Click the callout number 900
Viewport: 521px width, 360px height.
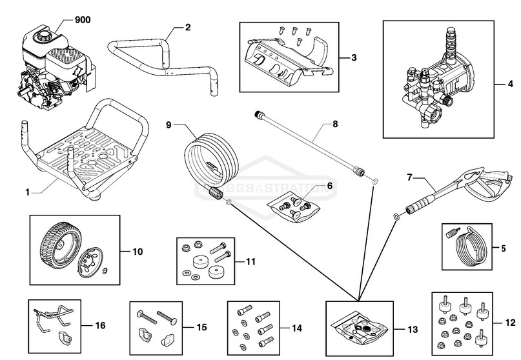pos(83,20)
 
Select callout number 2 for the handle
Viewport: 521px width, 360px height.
pos(188,27)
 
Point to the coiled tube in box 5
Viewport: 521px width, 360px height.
pos(473,248)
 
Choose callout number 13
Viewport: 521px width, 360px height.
pos(413,329)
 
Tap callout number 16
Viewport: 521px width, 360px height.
pos(100,326)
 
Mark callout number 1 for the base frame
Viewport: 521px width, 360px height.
pos(27,192)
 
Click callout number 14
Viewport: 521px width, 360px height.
pos(296,328)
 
